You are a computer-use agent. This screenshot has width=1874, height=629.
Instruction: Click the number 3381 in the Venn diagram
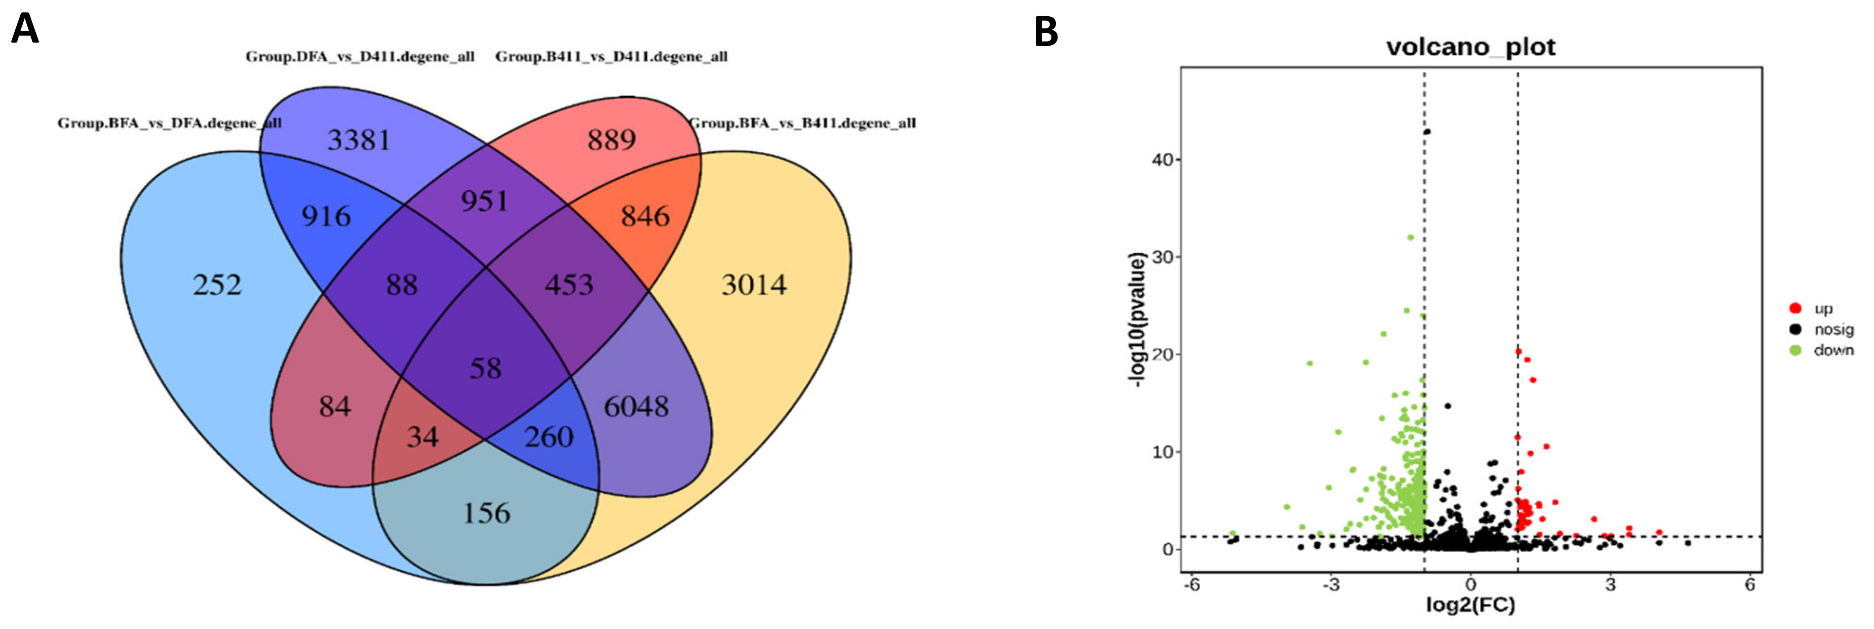click(x=358, y=140)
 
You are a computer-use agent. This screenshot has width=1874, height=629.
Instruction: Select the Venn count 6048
click(x=636, y=406)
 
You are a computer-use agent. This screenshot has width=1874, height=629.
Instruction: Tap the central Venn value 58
click(x=485, y=368)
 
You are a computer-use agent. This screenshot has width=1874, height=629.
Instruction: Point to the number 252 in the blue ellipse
click(x=217, y=285)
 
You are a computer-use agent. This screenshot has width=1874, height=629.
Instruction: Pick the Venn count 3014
click(x=754, y=285)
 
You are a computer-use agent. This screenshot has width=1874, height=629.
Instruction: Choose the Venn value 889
click(x=611, y=140)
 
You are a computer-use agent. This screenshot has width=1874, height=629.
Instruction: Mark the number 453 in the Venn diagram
click(x=569, y=285)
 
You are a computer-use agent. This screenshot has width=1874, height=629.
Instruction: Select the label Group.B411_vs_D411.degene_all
click(x=611, y=57)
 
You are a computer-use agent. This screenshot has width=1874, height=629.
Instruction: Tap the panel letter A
click(x=25, y=30)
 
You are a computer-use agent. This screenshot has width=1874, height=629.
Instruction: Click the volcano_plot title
click(x=1470, y=47)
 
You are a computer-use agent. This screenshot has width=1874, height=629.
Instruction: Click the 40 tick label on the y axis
click(x=1162, y=160)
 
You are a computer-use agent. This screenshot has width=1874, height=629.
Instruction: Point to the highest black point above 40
click(x=1427, y=132)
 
